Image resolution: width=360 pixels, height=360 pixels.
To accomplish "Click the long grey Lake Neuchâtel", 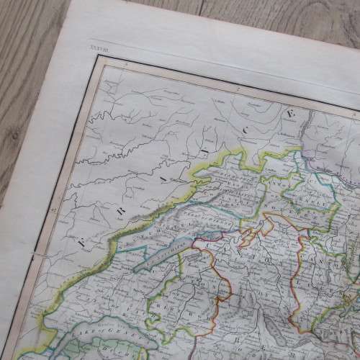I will (x=159, y=256).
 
